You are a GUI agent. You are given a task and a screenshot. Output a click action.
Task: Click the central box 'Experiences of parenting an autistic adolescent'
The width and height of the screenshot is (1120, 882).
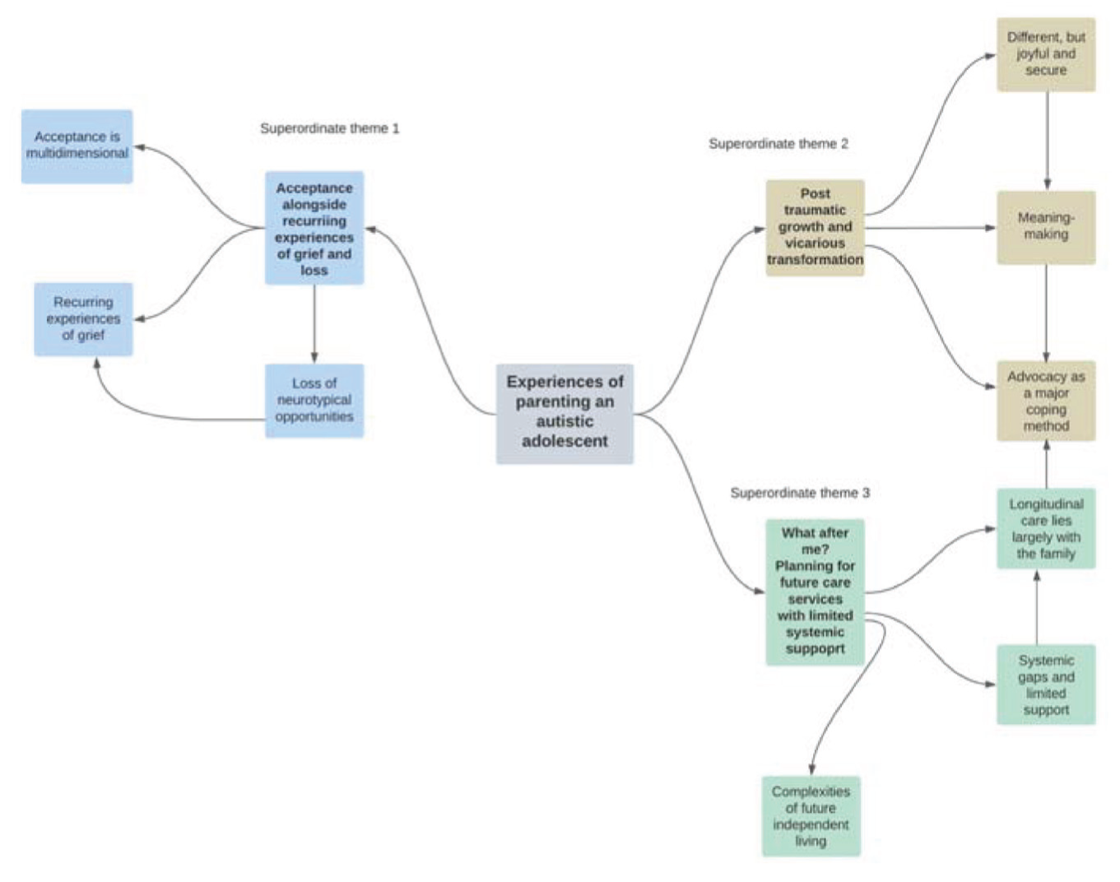pos(565,414)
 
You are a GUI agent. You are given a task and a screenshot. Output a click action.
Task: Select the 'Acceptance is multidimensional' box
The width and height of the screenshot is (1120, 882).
pos(77,146)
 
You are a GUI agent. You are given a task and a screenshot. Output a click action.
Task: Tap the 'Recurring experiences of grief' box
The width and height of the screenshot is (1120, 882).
pos(83,319)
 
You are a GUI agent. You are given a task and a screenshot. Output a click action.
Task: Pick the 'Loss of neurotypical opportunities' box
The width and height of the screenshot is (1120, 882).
pos(314,401)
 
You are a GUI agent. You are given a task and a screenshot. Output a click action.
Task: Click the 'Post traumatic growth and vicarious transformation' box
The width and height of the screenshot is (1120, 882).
pos(815,227)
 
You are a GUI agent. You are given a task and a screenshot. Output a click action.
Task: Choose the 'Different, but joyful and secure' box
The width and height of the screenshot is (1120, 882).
pos(1046,54)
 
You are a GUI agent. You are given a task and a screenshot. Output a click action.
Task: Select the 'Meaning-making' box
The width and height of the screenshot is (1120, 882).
pos(1046,227)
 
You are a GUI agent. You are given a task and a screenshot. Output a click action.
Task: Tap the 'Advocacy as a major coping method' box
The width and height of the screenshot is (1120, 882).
pos(1046,401)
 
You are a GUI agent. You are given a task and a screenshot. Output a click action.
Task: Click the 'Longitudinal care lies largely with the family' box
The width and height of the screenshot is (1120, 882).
pos(1046,528)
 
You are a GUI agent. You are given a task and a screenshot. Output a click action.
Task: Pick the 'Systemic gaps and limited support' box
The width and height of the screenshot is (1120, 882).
pos(1046,685)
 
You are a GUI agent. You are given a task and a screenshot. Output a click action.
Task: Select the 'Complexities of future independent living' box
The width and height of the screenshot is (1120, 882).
pos(811,816)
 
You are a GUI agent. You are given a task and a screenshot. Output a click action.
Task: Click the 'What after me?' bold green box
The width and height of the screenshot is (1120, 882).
pos(815,592)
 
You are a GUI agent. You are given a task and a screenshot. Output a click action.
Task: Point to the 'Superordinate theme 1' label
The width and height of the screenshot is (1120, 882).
pos(330,128)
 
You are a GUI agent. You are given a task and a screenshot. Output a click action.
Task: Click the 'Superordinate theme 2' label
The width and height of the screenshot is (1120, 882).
pos(778,144)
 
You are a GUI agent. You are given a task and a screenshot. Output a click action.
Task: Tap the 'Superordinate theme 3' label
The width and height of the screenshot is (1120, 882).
pos(800,493)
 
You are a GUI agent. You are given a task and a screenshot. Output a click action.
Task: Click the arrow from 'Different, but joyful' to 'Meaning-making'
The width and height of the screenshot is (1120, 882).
pos(1047,141)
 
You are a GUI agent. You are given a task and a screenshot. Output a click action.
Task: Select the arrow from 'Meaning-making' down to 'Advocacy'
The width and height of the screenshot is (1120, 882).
pos(1046,313)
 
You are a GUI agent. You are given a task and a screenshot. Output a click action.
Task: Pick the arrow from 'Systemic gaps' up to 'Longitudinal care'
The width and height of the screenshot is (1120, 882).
pos(1037,607)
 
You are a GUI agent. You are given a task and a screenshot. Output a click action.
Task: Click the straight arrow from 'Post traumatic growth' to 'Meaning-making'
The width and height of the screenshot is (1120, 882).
pos(931,227)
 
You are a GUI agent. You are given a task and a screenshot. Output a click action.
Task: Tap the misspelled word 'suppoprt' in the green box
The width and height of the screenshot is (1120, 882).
pos(815,648)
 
